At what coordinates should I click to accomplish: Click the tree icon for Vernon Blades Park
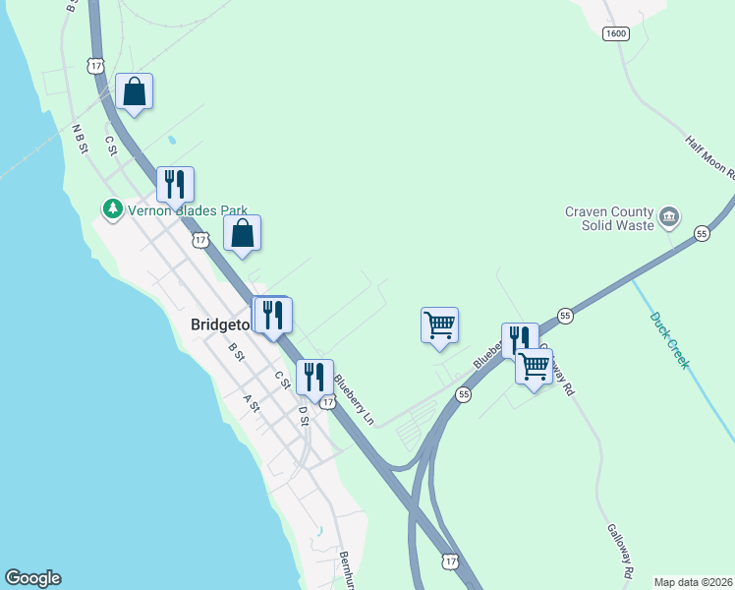[x=113, y=209]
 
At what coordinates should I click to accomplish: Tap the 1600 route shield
[x=616, y=33]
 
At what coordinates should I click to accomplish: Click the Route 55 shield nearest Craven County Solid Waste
[x=702, y=233]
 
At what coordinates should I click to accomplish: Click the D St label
[x=304, y=415]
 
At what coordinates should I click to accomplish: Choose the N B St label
[x=81, y=138]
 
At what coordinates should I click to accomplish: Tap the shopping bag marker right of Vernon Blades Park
[x=243, y=234]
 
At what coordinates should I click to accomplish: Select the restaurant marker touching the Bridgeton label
[x=272, y=315]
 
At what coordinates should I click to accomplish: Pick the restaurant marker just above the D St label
[x=313, y=376]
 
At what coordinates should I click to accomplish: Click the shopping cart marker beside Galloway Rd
[x=534, y=367]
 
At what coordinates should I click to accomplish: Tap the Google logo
[x=32, y=578]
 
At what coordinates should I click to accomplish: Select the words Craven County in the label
[x=609, y=211]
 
